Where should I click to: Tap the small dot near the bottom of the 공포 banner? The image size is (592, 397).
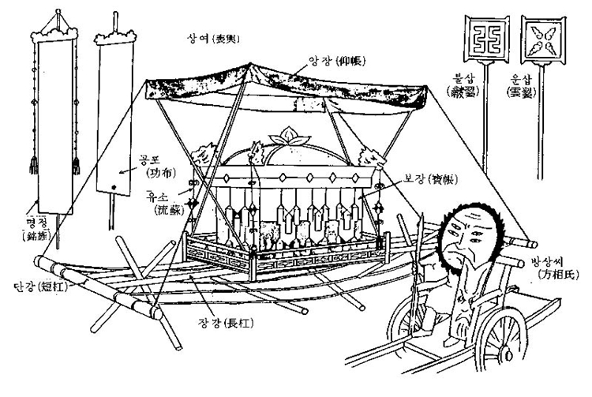(x=113, y=187)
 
